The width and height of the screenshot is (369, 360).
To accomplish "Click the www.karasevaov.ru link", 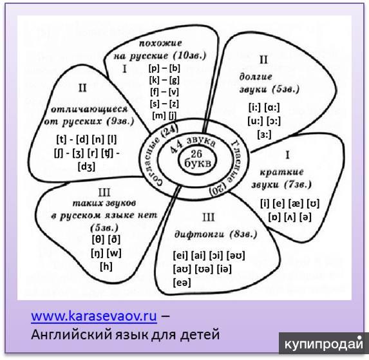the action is click(x=94, y=316).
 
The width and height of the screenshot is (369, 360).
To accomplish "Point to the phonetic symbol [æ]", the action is click(x=296, y=204).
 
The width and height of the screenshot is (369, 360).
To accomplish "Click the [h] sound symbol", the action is click(x=106, y=267).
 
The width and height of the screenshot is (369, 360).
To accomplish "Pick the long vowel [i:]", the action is click(x=254, y=108).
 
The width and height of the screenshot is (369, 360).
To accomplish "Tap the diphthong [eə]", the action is click(x=182, y=282).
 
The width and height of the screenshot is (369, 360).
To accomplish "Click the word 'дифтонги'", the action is click(x=200, y=234).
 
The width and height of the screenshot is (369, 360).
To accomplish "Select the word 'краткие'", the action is click(x=281, y=172).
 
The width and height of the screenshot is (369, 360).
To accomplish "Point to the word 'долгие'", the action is click(x=256, y=77).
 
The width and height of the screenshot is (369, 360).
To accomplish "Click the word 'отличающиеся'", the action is click(x=90, y=109).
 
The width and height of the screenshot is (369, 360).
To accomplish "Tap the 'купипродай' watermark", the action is click(x=323, y=343).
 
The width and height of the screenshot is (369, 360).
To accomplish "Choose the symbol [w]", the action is click(x=115, y=253).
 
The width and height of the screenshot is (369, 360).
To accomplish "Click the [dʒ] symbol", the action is click(x=86, y=167).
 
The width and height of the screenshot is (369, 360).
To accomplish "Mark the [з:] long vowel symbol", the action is click(x=264, y=135).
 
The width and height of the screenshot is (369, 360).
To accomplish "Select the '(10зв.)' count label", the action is click(x=190, y=55).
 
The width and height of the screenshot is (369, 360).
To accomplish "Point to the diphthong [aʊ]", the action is click(x=182, y=269).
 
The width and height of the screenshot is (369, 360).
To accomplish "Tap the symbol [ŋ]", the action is click(x=97, y=253).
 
